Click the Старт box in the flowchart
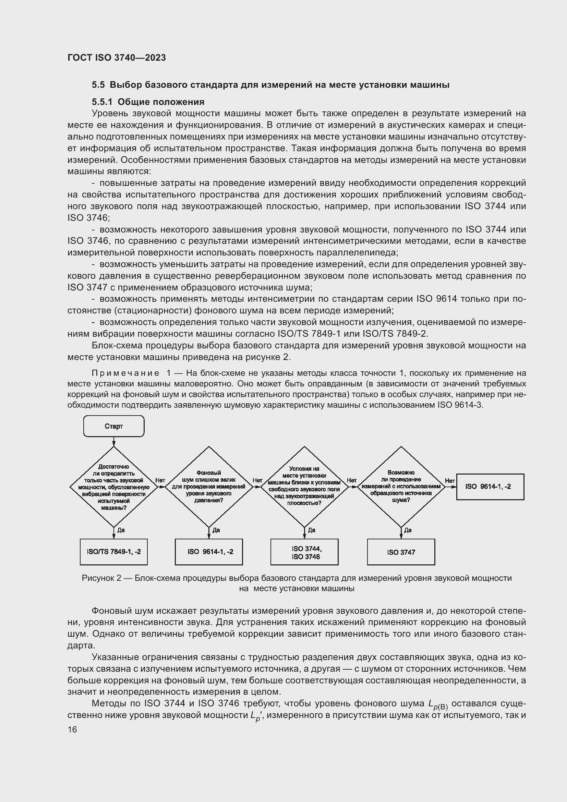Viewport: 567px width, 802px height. [x=114, y=426]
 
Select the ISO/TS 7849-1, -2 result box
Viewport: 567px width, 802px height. [x=114, y=552]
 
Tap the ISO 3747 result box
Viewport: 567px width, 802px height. [x=401, y=552]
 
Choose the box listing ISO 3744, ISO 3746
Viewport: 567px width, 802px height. [x=304, y=552]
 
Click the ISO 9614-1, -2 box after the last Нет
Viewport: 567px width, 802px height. [x=490, y=487]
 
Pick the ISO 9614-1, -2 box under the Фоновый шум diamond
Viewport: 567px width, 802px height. [x=209, y=552]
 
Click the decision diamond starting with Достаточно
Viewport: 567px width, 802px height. [x=114, y=487]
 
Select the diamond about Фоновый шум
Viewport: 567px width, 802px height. [x=209, y=487]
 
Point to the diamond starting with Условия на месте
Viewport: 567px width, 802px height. [x=304, y=487]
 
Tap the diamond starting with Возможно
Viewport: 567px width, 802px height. [x=401, y=487]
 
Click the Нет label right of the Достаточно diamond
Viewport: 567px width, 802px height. [x=160, y=480]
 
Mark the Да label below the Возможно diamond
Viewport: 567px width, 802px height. [x=408, y=530]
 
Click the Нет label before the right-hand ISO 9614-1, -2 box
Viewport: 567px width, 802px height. [x=450, y=481]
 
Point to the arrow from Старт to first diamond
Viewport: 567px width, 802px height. [x=114, y=442]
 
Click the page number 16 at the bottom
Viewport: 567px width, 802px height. [x=72, y=729]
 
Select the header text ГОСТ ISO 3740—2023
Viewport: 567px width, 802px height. [x=117, y=58]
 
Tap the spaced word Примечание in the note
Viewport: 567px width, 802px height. [x=125, y=373]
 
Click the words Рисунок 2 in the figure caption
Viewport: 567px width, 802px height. [x=101, y=578]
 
